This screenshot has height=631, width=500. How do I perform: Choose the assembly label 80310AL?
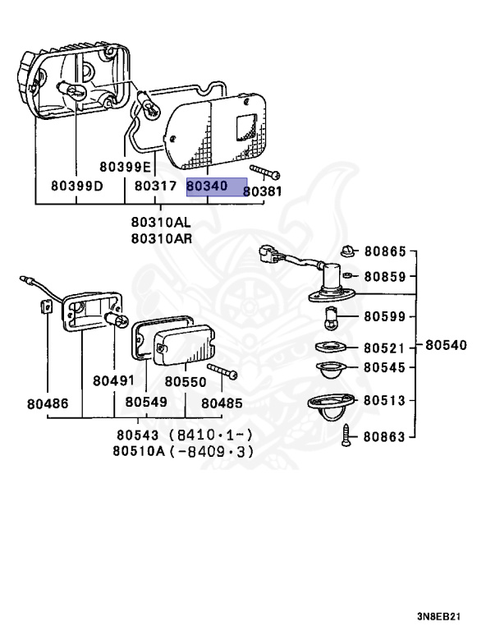pyautogui.click(x=161, y=222)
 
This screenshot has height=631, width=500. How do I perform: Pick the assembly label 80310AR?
pyautogui.click(x=161, y=239)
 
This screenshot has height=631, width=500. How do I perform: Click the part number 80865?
pyautogui.click(x=385, y=251)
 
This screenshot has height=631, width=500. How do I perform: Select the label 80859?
pyautogui.click(x=385, y=278)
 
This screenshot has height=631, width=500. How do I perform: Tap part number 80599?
pyautogui.click(x=385, y=315)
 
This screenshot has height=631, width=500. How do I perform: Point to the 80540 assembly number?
pyautogui.click(x=447, y=345)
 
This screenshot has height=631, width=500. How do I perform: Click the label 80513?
pyautogui.click(x=385, y=401)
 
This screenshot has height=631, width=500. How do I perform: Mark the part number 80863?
pyautogui.click(x=385, y=437)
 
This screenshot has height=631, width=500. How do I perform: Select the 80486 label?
pyautogui.click(x=48, y=403)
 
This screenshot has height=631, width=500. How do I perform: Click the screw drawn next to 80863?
pyautogui.click(x=348, y=435)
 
